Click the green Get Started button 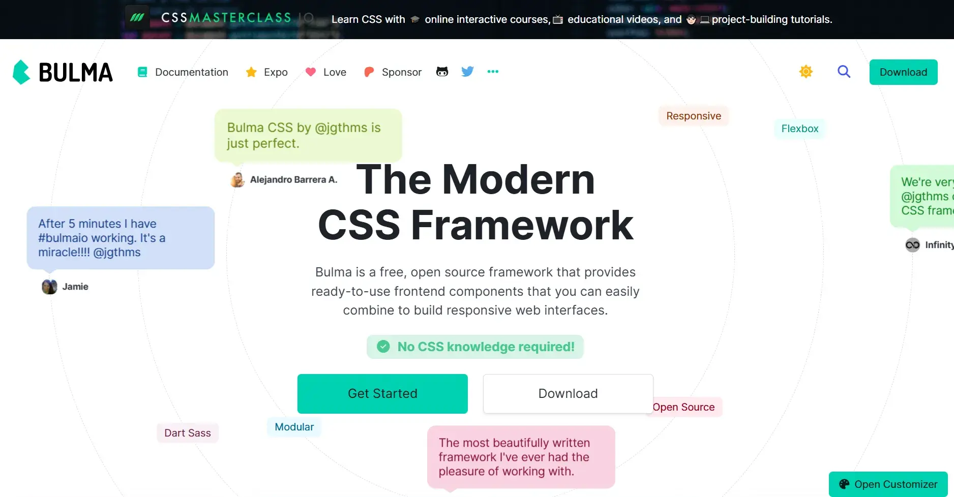pos(382,394)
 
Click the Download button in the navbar pos(903,72)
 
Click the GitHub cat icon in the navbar pos(442,72)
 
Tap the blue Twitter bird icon pos(467,72)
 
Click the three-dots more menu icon pos(493,72)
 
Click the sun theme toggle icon pos(806,72)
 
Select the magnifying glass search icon pos(844,72)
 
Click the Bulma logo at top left pos(63,72)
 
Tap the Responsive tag pos(694,116)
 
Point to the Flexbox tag pos(800,129)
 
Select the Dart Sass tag pos(188,433)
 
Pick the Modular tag pos(294,427)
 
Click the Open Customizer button pos(888,484)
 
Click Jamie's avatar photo pos(49,287)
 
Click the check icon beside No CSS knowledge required pos(383,347)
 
